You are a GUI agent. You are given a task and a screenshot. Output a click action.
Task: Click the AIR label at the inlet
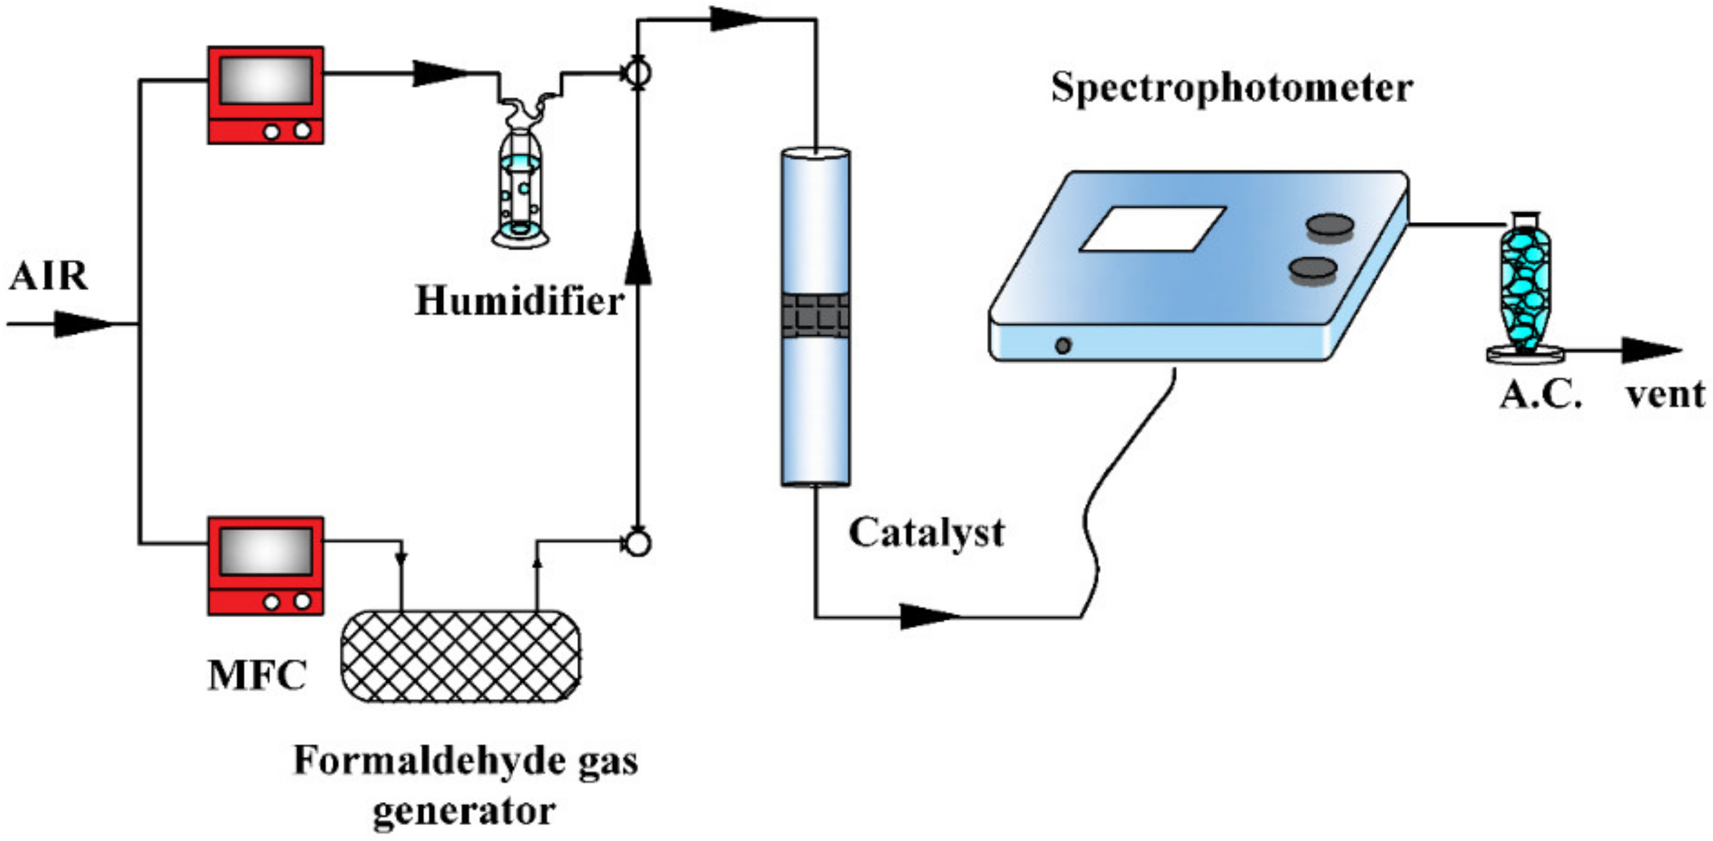point(49,276)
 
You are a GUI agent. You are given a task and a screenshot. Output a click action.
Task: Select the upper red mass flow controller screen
point(266,80)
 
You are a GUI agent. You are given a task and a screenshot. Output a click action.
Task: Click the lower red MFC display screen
point(266,551)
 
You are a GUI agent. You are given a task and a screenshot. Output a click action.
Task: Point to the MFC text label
point(257,675)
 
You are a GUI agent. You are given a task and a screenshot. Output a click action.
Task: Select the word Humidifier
point(519,301)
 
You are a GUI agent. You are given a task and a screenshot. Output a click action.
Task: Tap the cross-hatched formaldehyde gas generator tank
point(460,655)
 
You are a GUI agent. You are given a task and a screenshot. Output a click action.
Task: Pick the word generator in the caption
point(463,811)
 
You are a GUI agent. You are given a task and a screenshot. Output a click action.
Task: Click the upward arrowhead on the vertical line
point(638,259)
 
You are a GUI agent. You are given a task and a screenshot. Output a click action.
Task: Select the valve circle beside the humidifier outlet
point(638,73)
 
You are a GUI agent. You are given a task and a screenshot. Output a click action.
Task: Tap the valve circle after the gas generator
point(638,543)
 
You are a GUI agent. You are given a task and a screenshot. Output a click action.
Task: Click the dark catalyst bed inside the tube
point(815,316)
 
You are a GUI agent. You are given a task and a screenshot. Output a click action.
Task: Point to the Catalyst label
point(926,532)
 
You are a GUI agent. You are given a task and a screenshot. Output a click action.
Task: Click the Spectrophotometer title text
point(1231,88)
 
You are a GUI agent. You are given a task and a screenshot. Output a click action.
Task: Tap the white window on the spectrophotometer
point(1152,229)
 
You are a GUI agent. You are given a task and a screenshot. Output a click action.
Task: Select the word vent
point(1666,394)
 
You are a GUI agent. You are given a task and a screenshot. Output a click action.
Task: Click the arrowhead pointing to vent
point(1649,351)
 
